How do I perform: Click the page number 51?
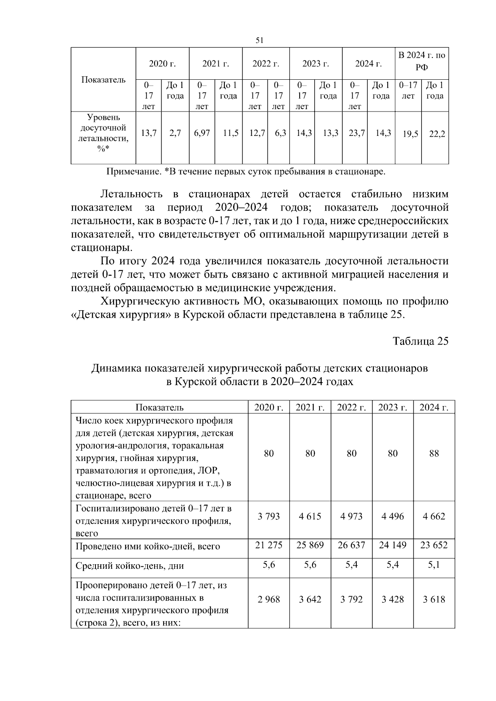coord(260,40)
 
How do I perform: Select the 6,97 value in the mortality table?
coord(202,133)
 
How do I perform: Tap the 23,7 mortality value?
coord(356,133)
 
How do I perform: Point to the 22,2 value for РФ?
coord(436,134)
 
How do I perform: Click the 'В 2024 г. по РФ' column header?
coord(422,61)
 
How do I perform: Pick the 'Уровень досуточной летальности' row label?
coord(103,133)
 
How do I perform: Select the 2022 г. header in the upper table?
coord(266,64)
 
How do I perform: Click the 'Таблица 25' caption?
coord(420,341)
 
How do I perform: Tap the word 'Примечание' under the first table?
coord(132,171)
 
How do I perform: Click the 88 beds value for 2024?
coord(434,454)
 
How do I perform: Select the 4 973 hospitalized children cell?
coord(351,516)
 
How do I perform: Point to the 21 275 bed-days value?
coord(269,545)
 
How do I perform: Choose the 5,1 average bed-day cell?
coord(434,564)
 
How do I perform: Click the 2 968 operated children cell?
coord(269,599)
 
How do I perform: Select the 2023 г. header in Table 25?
coord(393,407)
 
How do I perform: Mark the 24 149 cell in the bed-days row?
coord(393,545)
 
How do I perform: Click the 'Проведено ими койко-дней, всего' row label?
coord(148,547)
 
